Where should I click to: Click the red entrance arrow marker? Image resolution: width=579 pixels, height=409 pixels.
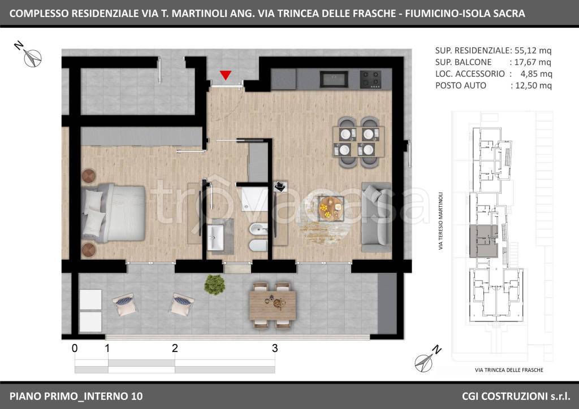coord(225,75)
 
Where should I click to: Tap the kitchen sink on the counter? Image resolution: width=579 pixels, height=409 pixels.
coord(334,79)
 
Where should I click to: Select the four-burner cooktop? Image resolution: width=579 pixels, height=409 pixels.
coord(370,79)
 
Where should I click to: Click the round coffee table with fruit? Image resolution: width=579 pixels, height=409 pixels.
coord(331,209)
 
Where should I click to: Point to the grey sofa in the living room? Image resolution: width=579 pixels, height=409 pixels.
coord(376,216)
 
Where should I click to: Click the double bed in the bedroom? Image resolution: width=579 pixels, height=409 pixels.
coord(113,213)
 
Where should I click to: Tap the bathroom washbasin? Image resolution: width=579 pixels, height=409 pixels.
coord(215,237)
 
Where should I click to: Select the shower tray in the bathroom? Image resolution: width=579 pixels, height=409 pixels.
coord(255,199)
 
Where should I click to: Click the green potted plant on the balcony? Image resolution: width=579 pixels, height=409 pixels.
coord(214,285)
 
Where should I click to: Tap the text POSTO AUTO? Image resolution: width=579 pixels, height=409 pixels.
coord(460,85)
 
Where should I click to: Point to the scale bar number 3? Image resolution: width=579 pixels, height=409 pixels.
coord(275,348)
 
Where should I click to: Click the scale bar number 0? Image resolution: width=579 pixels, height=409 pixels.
coord(75,348)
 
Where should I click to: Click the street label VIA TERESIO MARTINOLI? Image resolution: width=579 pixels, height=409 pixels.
coord(440,221)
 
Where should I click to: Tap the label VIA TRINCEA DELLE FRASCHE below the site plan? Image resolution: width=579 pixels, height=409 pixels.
coord(509,370)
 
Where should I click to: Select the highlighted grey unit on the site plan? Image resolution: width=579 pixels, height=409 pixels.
coord(483,241)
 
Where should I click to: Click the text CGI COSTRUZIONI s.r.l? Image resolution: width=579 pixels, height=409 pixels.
coord(516,396)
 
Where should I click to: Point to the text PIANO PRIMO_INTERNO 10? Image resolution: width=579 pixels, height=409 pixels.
coord(76,396)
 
